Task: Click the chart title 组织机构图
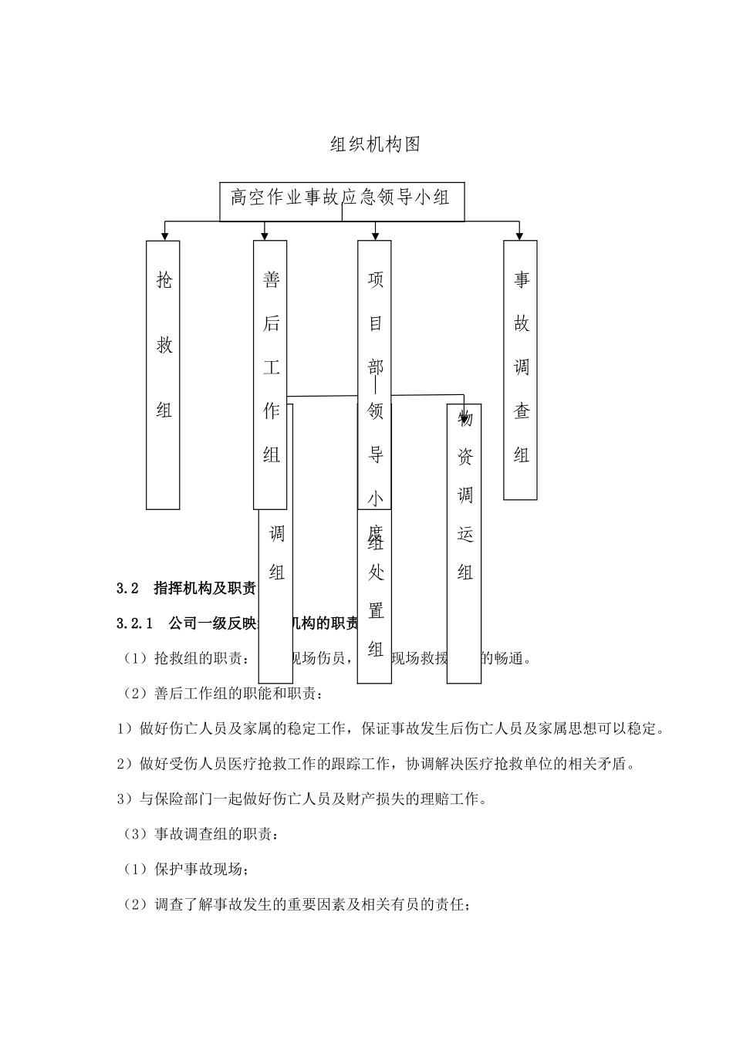(375, 144)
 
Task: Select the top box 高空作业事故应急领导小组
(341, 198)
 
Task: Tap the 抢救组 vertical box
(164, 374)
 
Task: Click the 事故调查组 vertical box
(521, 369)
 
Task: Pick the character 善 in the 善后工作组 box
(271, 279)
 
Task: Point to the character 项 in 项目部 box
(375, 279)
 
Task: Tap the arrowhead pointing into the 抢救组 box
(164, 235)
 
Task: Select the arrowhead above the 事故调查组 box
(520, 235)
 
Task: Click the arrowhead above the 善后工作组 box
(265, 235)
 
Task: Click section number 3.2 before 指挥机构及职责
(127, 589)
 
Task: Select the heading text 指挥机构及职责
(204, 589)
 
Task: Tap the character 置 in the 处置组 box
(376, 611)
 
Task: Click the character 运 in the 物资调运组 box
(464, 534)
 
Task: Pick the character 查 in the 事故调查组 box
(522, 411)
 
